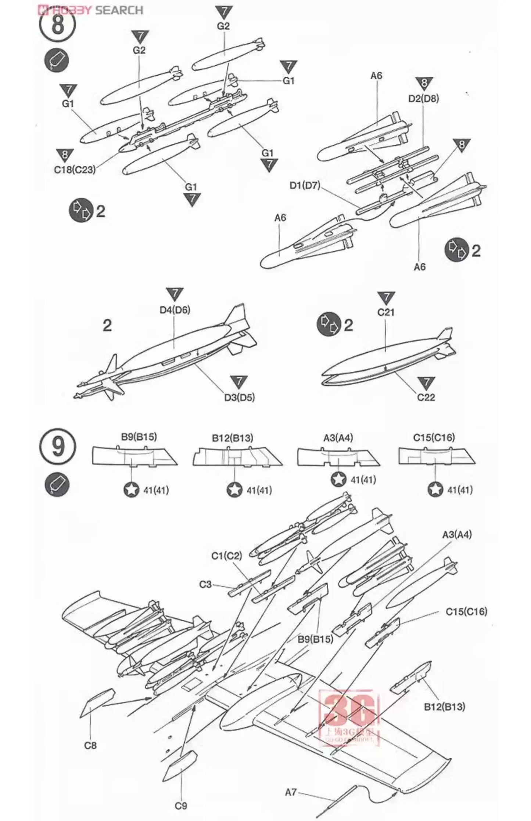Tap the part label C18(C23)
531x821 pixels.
point(75,170)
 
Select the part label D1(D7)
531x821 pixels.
point(305,185)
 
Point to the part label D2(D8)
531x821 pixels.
point(423,99)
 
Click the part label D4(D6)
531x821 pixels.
point(175,310)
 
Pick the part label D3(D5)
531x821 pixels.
point(239,397)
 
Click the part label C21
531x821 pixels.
point(385,312)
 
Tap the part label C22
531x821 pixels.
point(426,397)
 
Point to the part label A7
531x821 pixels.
point(290,790)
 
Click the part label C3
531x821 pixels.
point(206,584)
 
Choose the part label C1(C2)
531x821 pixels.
point(227,556)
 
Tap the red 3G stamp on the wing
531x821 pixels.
point(349,715)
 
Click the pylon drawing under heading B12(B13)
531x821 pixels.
point(237,456)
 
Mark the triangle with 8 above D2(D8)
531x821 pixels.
point(424,83)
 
